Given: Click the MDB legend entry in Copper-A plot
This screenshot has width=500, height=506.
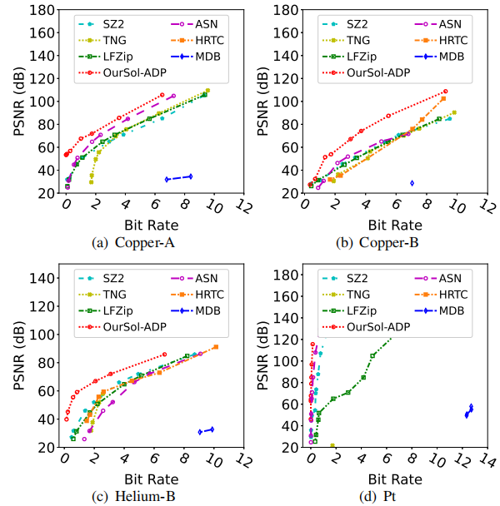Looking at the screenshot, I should [x=200, y=57].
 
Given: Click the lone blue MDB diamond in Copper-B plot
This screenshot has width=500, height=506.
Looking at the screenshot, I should [x=412, y=183].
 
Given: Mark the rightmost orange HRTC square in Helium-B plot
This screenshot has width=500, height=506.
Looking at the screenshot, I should [x=216, y=347].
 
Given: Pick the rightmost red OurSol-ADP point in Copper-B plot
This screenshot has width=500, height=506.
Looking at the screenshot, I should [x=446, y=92].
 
